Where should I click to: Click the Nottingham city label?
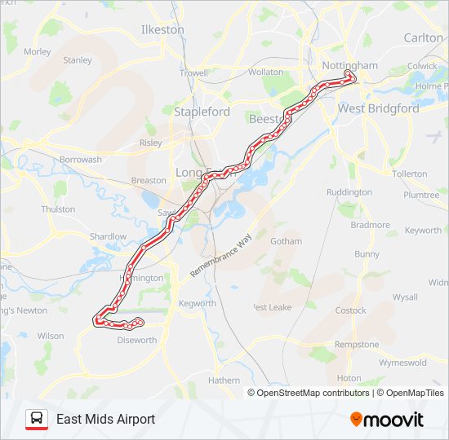coord(349,65)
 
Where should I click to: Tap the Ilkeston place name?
coord(162,29)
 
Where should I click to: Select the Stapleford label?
coord(198,111)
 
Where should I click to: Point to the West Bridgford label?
coord(378,108)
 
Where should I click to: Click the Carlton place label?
coord(423,37)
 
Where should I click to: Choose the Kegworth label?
coord(197,304)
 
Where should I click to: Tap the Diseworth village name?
coord(136,341)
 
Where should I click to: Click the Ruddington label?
coord(349,193)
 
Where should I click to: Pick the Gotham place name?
coord(286,241)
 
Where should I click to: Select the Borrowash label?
coord(81,160)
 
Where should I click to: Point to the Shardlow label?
coord(108,236)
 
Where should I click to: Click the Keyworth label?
coord(423,231)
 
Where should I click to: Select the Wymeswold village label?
coord(402,363)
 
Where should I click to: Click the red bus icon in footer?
coord(36,420)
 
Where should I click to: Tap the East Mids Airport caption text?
coord(105,420)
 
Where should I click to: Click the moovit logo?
coord(387,420)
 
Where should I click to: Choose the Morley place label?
coord(38,51)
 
